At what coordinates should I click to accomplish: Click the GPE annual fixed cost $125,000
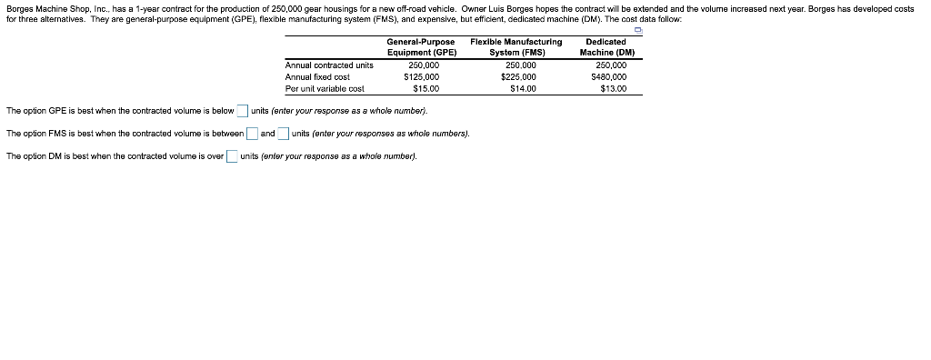421,77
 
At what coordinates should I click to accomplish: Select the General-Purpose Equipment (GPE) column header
421,47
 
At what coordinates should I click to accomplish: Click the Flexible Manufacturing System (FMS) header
516,47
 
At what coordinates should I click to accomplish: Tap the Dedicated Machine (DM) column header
606,47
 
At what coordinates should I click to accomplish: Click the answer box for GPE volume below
243,112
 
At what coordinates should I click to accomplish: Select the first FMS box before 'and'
252,135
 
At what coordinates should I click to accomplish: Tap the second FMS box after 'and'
284,135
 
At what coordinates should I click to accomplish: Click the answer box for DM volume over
232,156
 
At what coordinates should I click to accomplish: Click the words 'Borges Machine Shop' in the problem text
43,8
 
